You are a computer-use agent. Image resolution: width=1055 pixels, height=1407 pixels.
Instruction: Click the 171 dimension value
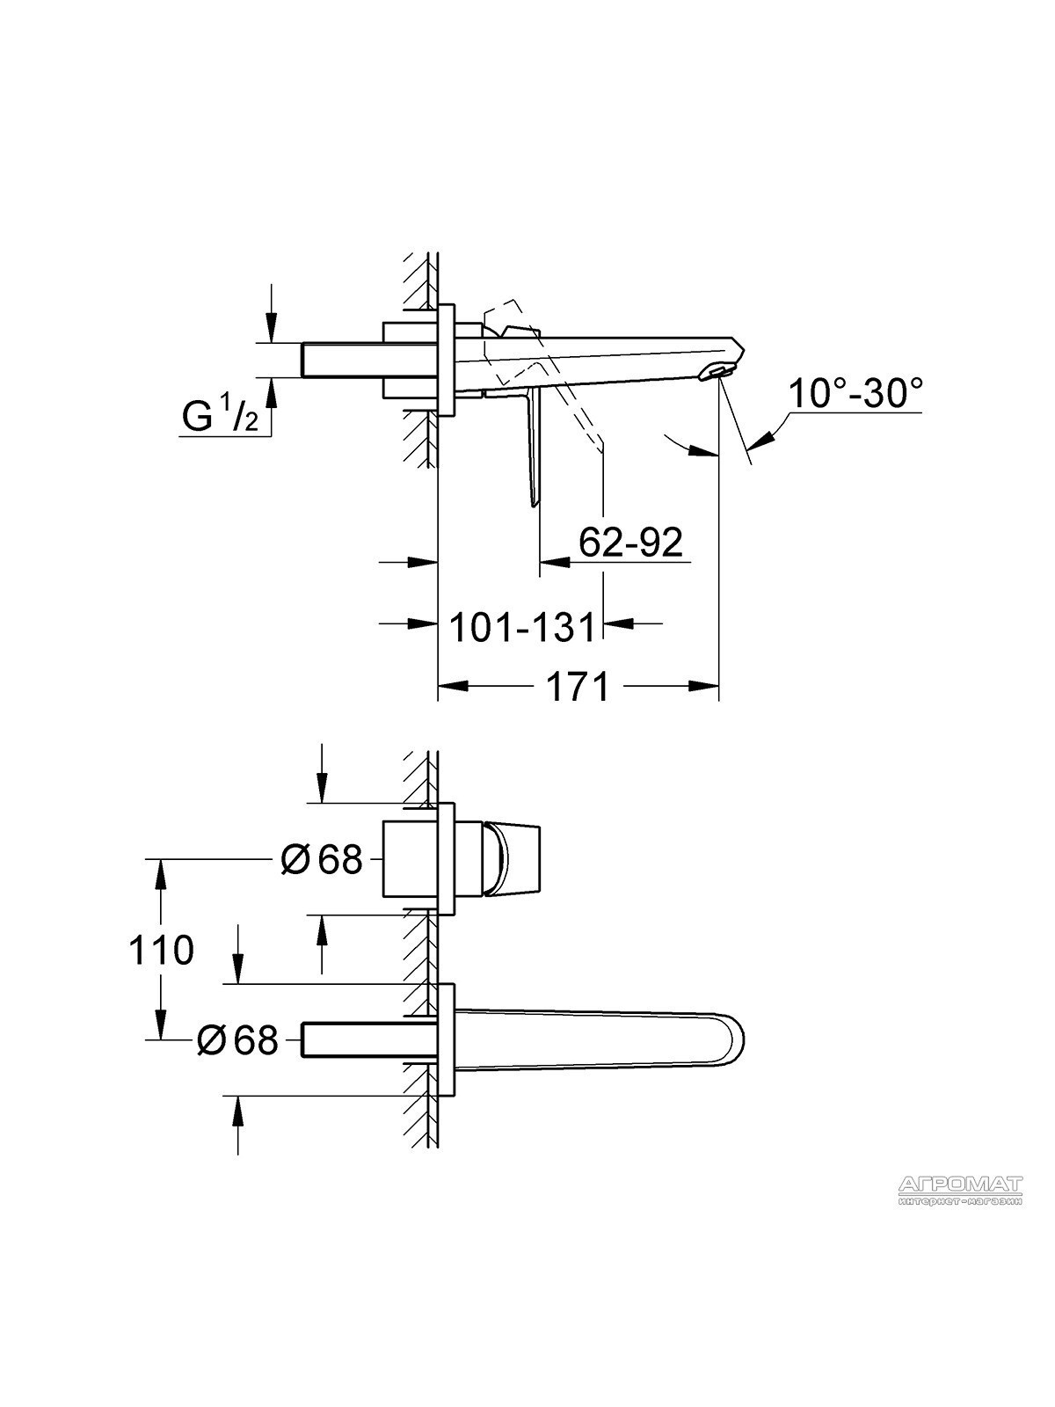577,686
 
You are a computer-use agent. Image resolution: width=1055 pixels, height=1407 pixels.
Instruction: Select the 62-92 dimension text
631,543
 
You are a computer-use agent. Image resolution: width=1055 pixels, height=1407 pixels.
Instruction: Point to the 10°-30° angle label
855,394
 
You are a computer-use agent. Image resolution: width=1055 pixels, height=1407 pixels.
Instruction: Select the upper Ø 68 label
322,859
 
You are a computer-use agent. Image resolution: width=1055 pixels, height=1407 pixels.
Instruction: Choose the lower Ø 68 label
237,1039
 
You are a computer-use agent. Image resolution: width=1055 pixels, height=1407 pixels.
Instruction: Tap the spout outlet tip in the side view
718,373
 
